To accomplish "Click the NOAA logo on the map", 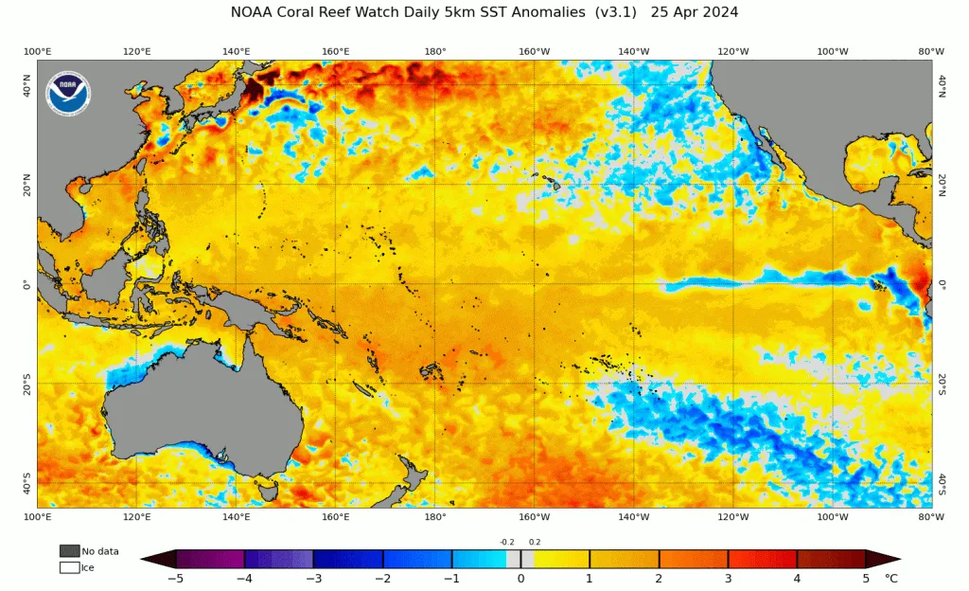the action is (68, 93).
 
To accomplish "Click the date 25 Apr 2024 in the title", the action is (694, 12).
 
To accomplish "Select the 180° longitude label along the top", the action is (435, 51).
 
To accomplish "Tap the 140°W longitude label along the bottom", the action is (634, 517).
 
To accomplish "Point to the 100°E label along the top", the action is (37, 51).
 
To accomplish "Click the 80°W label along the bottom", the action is (931, 517).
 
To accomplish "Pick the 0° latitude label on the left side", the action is (26, 285).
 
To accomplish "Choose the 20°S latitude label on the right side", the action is (942, 384).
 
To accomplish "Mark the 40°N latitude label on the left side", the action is (26, 86).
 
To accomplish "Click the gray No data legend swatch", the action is (70, 551).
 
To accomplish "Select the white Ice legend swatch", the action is (70, 567).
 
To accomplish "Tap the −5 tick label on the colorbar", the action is (176, 579).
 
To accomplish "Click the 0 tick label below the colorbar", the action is (520, 579).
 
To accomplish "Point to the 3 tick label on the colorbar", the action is (728, 579).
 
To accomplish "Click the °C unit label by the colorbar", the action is (890, 579).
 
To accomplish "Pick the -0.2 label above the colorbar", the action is (507, 542).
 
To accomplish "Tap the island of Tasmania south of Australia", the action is (269, 492).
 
